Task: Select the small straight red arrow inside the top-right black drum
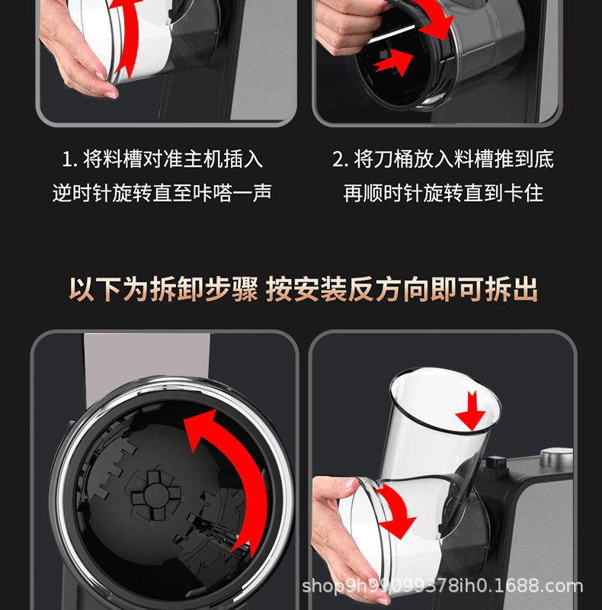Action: click(x=393, y=63)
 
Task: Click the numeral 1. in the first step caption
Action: click(x=70, y=159)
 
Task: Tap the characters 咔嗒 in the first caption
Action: click(x=213, y=193)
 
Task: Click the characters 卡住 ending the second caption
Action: click(x=524, y=193)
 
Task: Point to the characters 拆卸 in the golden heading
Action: click(x=177, y=290)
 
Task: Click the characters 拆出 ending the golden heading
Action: click(x=511, y=290)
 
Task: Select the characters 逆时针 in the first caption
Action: click(x=82, y=193)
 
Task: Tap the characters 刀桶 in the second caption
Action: click(x=393, y=159)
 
